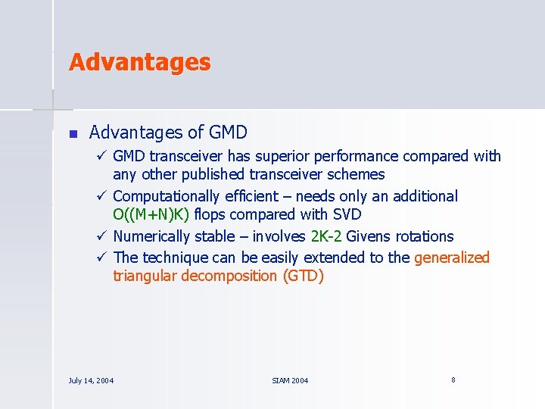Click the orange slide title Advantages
pos(139,62)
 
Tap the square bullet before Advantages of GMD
pos(73,134)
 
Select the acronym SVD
pos(346,216)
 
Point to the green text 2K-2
pos(326,237)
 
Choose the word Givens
pos(370,237)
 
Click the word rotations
pos(426,237)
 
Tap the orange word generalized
pos(452,258)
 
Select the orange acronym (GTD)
pos(303,276)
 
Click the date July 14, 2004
pos(91,380)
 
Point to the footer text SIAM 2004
pos(290,380)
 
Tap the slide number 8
pos(453,379)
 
